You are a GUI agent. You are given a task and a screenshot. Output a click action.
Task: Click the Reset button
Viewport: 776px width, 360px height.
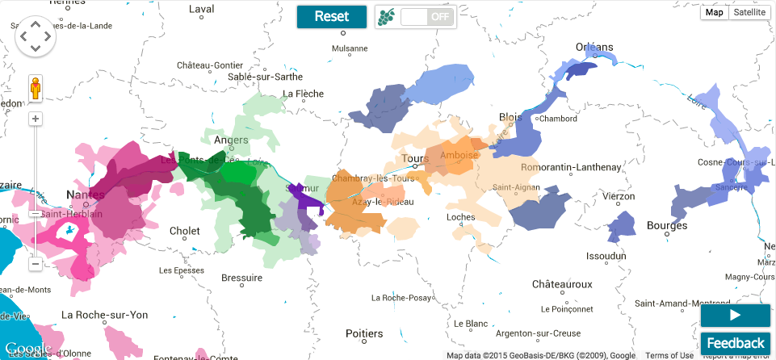pos(332,16)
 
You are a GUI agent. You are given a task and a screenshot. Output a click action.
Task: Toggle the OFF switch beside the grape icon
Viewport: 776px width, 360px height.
pos(428,16)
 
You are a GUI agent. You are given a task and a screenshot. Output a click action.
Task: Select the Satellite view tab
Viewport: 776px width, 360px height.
pos(749,12)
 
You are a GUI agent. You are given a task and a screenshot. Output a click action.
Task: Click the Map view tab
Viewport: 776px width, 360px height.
pos(714,12)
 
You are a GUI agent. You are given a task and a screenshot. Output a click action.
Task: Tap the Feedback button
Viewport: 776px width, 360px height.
pos(735,343)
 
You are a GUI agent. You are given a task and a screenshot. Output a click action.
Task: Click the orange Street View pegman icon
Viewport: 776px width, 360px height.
pos(36,88)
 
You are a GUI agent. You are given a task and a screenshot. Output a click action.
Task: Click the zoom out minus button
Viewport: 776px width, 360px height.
pos(36,263)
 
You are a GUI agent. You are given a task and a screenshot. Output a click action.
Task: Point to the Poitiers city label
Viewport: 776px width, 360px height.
pos(363,333)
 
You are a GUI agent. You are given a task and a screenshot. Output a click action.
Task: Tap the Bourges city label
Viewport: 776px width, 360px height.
pos(667,225)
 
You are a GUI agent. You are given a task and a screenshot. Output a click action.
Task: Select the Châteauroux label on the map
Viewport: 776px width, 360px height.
pos(562,284)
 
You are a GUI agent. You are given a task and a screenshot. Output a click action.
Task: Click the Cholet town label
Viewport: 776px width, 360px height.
pos(184,231)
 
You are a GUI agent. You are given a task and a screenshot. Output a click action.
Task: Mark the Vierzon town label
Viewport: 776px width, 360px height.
pos(619,196)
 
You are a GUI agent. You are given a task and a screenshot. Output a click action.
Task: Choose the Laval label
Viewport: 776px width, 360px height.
pos(201,9)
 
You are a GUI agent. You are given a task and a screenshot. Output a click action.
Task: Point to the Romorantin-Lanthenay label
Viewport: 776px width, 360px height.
pos(572,167)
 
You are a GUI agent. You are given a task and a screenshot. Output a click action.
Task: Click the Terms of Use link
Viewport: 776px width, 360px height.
pos(669,355)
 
